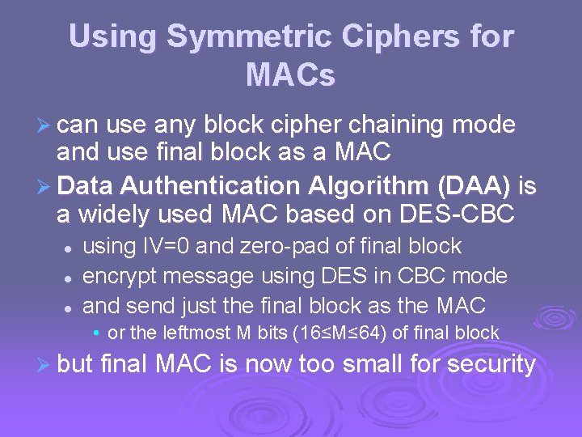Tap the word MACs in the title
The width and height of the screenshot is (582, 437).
(290, 75)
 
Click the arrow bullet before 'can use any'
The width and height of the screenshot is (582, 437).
(46, 126)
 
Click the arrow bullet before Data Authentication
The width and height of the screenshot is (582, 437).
(46, 187)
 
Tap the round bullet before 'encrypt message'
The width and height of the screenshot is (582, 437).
(70, 278)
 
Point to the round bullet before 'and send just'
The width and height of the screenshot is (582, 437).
(70, 308)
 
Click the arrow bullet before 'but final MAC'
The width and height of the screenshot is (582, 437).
(46, 365)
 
